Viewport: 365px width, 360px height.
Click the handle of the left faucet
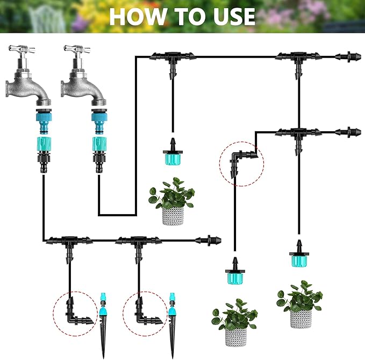(x=22, y=48)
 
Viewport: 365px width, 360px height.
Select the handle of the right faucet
(x=77, y=48)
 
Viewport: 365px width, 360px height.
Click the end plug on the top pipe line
(x=348, y=57)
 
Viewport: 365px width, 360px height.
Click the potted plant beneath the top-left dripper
(x=172, y=202)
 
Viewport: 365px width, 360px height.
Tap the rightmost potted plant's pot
(x=300, y=319)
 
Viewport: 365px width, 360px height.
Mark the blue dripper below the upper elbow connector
(x=235, y=271)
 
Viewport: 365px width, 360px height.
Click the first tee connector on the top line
(x=172, y=60)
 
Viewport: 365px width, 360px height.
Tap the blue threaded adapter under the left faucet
(x=44, y=122)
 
